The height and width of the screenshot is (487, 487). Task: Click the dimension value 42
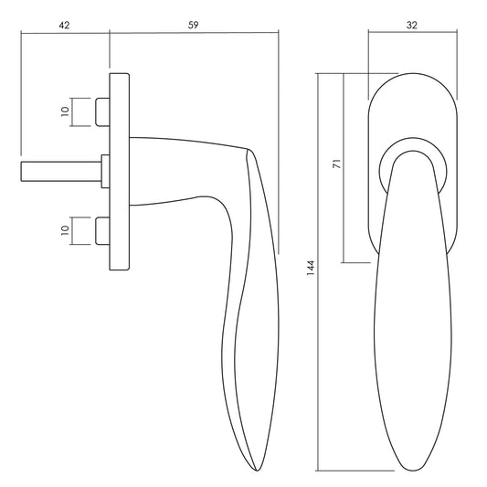click(x=64, y=26)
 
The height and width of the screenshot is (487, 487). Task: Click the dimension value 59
click(x=193, y=26)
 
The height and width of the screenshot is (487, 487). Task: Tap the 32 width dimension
click(x=412, y=26)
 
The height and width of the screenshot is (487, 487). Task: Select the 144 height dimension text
click(x=311, y=268)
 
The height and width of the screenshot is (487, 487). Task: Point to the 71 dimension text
click(x=337, y=164)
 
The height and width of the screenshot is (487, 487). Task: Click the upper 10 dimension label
click(x=65, y=111)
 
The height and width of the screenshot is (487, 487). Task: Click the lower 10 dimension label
click(x=65, y=230)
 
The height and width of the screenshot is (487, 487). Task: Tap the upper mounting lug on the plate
click(x=102, y=112)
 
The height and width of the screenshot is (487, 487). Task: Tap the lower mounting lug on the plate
click(x=102, y=231)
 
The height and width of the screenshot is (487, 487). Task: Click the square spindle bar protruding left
click(x=61, y=171)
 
